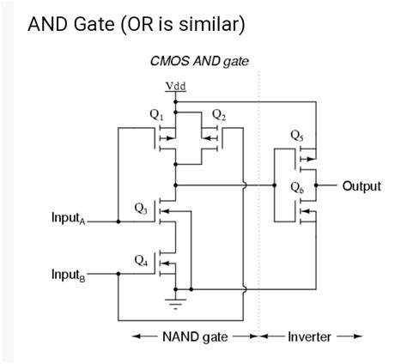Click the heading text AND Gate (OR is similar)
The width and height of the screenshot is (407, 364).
point(136,24)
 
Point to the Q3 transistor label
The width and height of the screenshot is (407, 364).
point(141,208)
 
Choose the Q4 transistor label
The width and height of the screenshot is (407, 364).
point(141,258)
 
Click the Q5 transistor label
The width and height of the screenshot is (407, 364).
point(297,135)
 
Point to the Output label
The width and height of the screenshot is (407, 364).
point(361,185)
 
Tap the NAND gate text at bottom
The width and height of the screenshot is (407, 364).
point(195,337)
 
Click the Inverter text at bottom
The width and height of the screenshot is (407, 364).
point(309,337)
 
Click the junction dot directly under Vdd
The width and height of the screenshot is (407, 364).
point(175,100)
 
